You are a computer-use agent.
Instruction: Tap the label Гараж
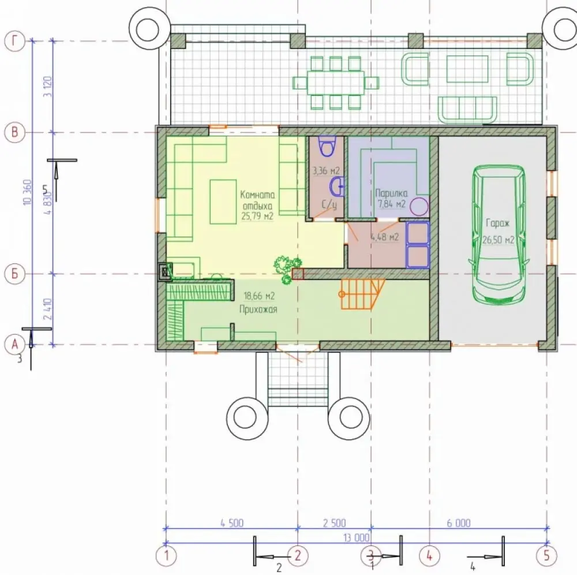pos(497,223)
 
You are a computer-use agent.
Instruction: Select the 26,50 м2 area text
pos(499,240)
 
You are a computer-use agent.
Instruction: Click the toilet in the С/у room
pos(327,145)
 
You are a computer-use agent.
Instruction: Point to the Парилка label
pos(391,193)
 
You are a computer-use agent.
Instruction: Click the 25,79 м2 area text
pos(257,216)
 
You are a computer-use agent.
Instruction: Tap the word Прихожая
pos(258,309)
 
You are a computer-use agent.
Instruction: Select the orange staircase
pos(363,294)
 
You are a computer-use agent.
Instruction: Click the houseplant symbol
pos(287,268)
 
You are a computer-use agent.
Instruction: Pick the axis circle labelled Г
pos(15,40)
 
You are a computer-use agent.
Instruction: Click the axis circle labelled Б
pos(15,274)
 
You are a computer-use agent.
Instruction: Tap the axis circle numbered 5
pos(547,555)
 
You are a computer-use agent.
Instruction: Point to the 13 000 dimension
pos(356,538)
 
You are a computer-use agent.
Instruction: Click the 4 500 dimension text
pos(232,523)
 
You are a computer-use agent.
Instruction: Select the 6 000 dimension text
pos(459,523)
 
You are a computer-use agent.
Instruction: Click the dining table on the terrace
pos(336,83)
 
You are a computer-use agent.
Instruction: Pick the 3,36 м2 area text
pos(326,171)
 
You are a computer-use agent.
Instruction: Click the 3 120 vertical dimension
pos(48,87)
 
